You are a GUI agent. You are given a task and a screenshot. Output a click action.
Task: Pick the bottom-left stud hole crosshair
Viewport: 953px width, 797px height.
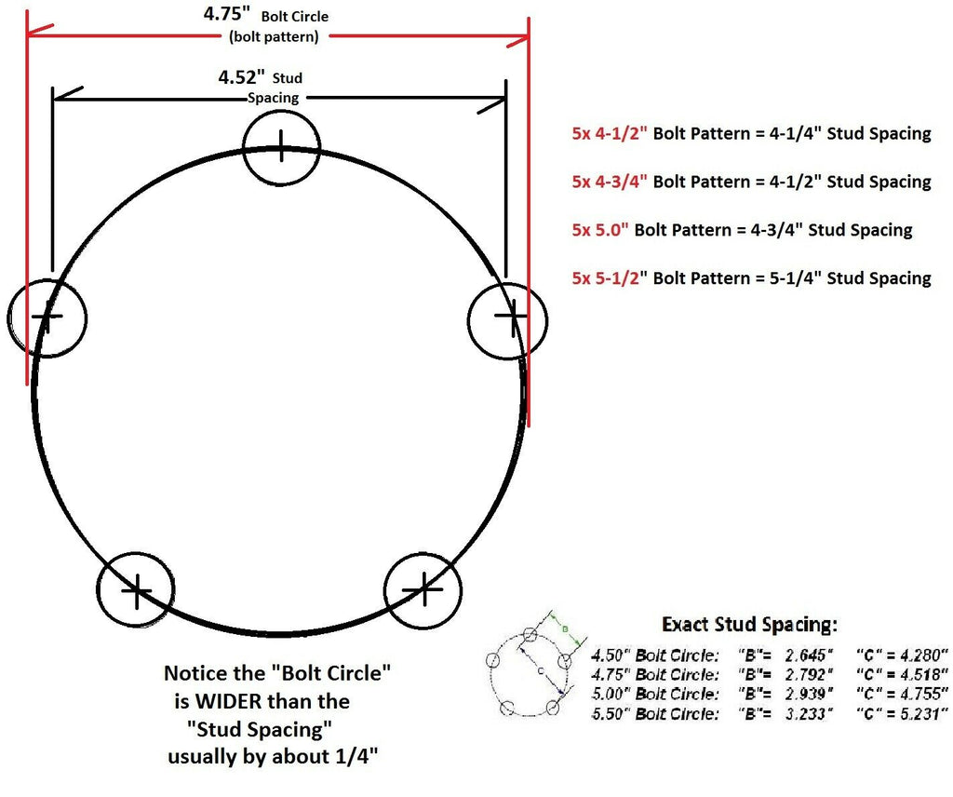[136, 590]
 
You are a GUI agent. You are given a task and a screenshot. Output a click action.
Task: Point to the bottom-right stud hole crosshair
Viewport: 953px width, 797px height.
[423, 588]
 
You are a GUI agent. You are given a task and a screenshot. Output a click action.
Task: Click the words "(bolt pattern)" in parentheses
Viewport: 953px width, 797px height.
[274, 37]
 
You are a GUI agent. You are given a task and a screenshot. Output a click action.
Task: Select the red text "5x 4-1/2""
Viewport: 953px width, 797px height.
[610, 133]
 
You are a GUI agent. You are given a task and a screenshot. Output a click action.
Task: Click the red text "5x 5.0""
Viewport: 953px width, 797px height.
[600, 229]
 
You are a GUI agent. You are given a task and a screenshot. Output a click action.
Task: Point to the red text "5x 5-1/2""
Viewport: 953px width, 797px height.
[610, 277]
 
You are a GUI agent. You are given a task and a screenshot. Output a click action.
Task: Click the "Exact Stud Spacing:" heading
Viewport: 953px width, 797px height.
[749, 624]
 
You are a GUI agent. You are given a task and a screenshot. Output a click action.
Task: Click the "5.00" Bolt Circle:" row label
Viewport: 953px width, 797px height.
[655, 694]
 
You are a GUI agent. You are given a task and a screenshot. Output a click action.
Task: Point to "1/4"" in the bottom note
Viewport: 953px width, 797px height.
[355, 756]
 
